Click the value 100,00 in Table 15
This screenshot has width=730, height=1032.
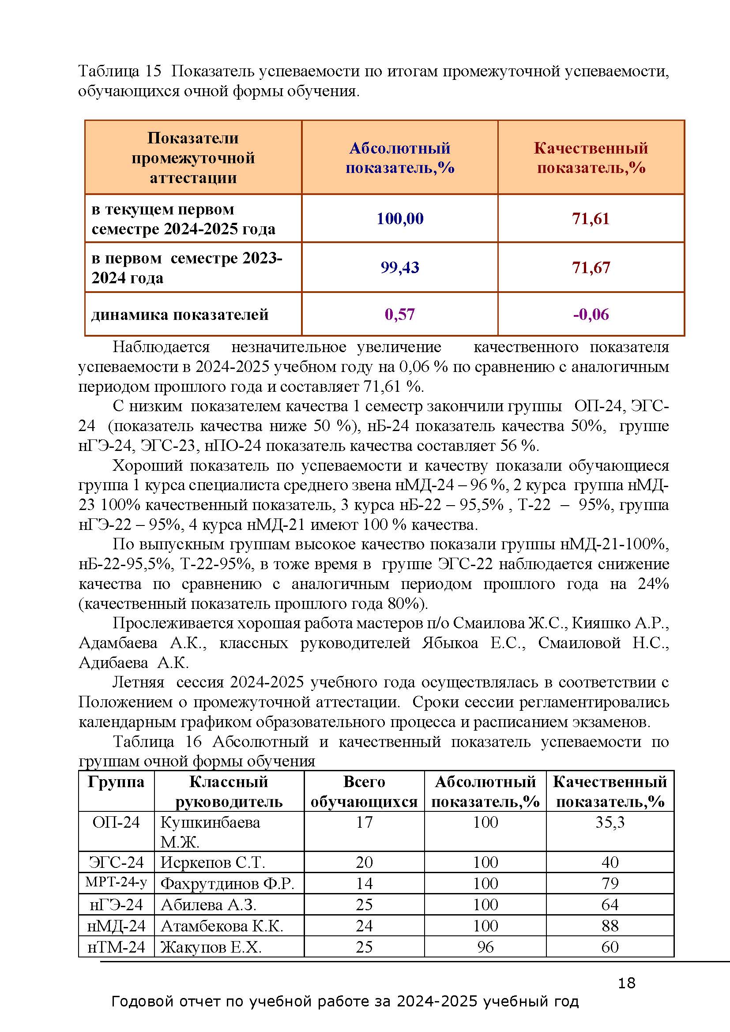point(399,218)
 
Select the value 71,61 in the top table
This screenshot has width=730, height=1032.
point(591,218)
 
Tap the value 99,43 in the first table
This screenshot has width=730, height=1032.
point(399,267)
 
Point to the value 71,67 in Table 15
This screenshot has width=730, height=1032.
point(591,267)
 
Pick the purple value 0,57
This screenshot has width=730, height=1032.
point(399,314)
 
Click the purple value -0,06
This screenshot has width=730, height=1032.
point(591,314)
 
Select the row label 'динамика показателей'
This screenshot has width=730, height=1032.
point(180,314)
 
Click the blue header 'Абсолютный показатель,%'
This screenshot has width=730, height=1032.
point(399,158)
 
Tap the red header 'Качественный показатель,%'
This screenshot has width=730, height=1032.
point(591,158)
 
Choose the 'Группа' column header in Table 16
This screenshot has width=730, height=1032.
point(116,782)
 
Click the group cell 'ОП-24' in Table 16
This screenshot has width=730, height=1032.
point(116,822)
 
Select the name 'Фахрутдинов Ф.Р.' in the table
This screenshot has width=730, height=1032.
point(227,883)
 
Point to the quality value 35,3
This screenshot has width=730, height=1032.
point(610,822)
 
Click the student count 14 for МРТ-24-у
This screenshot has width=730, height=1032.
point(364,883)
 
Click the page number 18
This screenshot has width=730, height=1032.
point(626,983)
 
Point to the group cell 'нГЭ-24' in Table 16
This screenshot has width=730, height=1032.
point(116,904)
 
